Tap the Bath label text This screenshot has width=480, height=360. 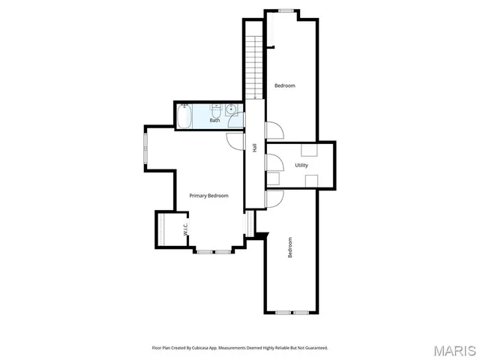pos(214,120)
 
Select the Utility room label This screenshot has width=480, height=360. pos(301,165)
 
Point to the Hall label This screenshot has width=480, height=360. pos(255,148)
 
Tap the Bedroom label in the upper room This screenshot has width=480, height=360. pos(285,85)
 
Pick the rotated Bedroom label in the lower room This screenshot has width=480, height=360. pos(290,248)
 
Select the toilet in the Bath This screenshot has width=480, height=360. pos(214,110)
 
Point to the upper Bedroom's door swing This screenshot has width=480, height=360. pos(274,130)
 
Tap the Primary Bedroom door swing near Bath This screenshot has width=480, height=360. pos(235,139)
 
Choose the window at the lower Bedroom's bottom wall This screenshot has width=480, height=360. pos(292,312)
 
